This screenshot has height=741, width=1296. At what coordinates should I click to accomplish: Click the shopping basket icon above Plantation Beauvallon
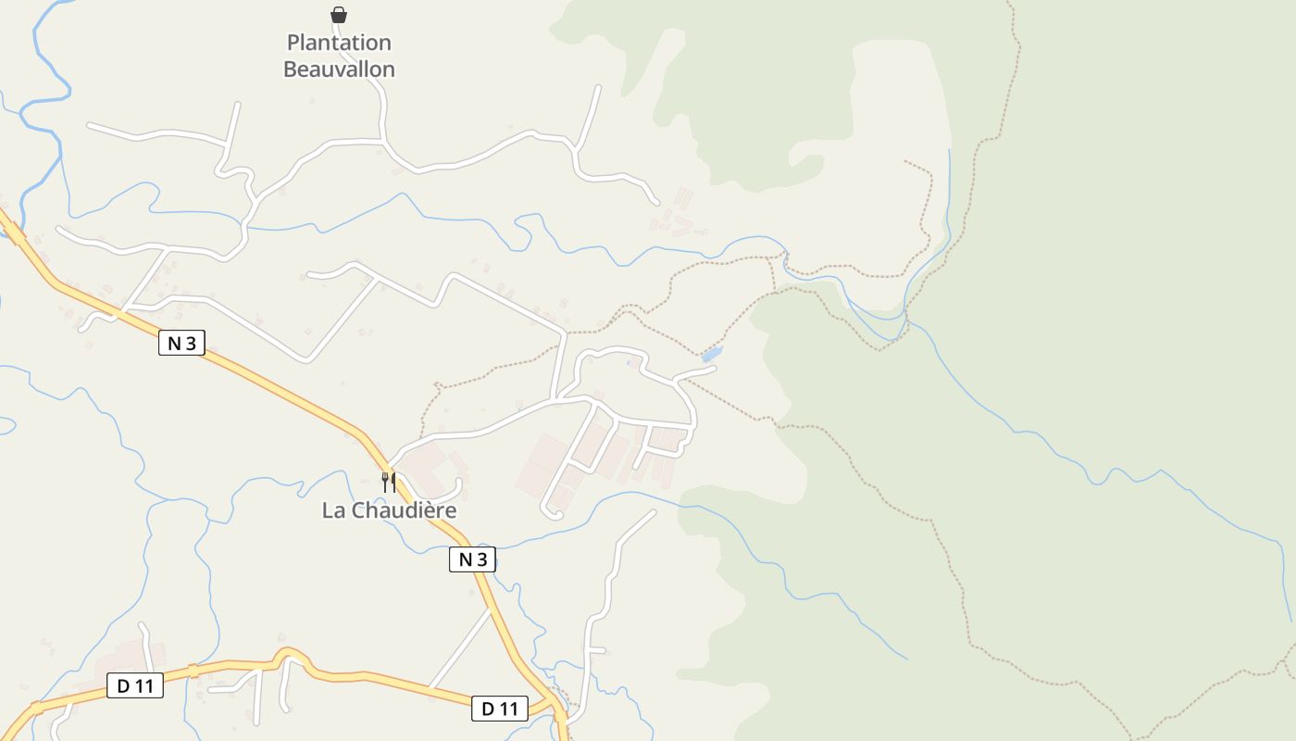[x=339, y=15]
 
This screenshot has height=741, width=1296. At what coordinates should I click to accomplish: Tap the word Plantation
[x=339, y=43]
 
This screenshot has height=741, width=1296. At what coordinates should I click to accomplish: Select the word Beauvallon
[x=339, y=69]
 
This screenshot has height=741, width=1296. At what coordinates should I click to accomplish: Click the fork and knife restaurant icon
[x=389, y=482]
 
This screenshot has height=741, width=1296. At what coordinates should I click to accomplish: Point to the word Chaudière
[x=403, y=510]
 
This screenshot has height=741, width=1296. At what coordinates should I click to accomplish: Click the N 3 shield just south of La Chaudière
[x=472, y=559]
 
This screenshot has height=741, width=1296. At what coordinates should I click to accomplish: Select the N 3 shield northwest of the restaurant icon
[x=181, y=344]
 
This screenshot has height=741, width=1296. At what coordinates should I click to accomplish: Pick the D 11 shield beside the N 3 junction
[x=500, y=709]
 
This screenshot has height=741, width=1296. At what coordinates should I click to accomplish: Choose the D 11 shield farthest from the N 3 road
[x=135, y=686]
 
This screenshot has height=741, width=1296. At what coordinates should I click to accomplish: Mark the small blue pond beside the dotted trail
[x=711, y=355]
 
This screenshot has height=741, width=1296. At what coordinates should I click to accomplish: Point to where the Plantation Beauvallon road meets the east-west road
[x=384, y=141]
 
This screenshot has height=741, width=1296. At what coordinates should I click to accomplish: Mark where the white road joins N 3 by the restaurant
[x=389, y=463]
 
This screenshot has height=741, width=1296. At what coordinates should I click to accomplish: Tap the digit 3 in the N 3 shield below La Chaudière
[x=481, y=559]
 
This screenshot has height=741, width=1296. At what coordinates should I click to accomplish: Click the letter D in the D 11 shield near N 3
[x=487, y=709]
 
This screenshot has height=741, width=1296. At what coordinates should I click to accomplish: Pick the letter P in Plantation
[x=293, y=43]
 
